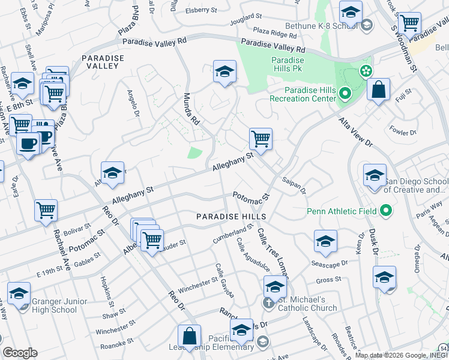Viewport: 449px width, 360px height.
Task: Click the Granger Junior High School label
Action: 46,305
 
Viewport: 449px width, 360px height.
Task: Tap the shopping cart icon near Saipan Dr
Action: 261,139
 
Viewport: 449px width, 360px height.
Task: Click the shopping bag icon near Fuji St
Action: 378,90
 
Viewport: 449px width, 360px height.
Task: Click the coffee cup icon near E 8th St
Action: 28,143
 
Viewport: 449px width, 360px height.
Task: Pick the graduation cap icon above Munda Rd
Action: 224,71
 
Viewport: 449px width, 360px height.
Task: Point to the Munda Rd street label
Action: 191,108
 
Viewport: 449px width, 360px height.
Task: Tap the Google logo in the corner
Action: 20,353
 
